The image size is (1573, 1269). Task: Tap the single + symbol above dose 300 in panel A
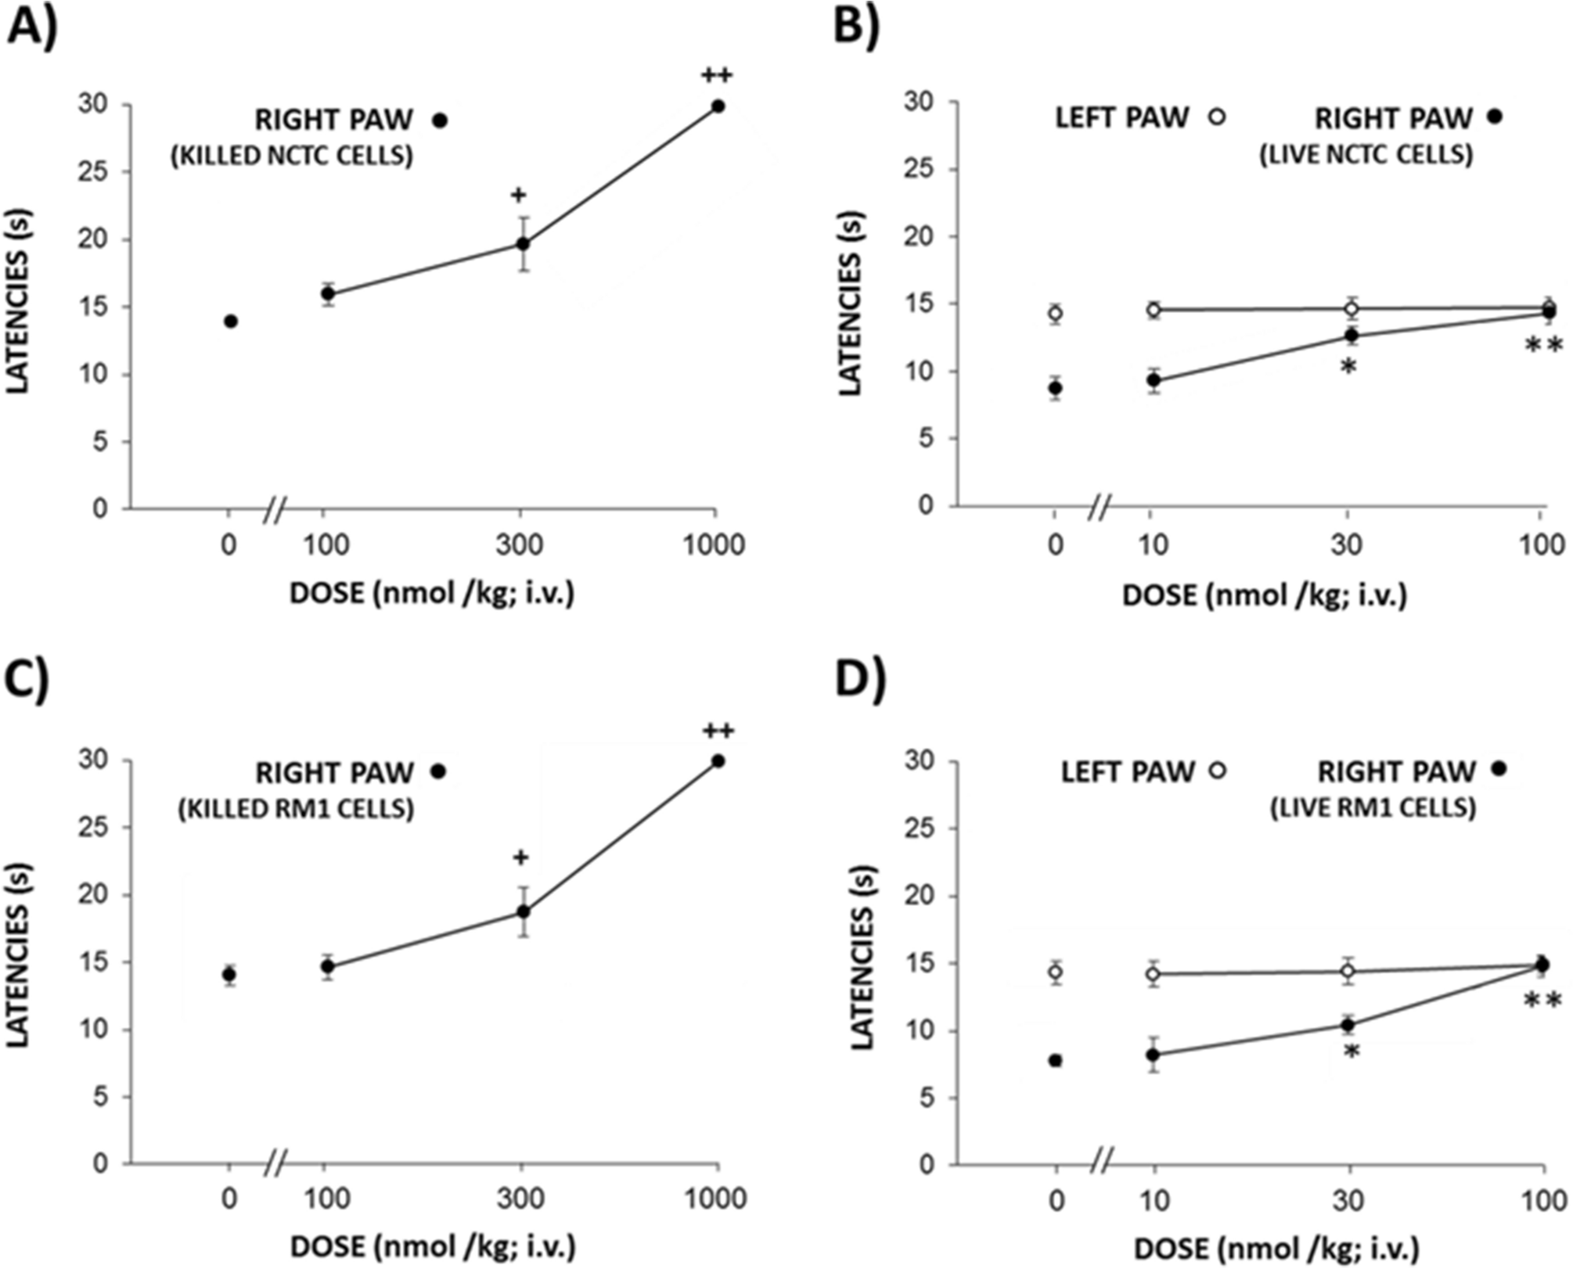(518, 195)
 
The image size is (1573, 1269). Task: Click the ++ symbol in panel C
(718, 732)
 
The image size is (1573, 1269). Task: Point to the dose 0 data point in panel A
(230, 322)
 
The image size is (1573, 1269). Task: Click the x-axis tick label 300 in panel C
(521, 1199)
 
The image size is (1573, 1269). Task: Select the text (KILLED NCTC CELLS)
(292, 156)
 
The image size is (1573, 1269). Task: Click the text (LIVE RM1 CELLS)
(1373, 807)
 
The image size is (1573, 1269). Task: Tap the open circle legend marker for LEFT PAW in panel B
(1216, 117)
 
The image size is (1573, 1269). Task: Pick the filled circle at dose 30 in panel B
(1351, 336)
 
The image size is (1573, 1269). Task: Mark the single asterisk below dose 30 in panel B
(1348, 366)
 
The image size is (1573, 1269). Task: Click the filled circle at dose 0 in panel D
(1055, 1061)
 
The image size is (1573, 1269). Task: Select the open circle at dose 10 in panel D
(1153, 974)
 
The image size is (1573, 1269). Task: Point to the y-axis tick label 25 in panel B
(919, 170)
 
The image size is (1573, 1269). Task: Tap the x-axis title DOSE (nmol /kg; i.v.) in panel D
(1276, 1249)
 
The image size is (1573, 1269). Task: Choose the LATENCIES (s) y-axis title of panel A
(19, 300)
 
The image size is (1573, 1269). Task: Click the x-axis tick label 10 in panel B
(1153, 545)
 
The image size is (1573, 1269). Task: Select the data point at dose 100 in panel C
(327, 967)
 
